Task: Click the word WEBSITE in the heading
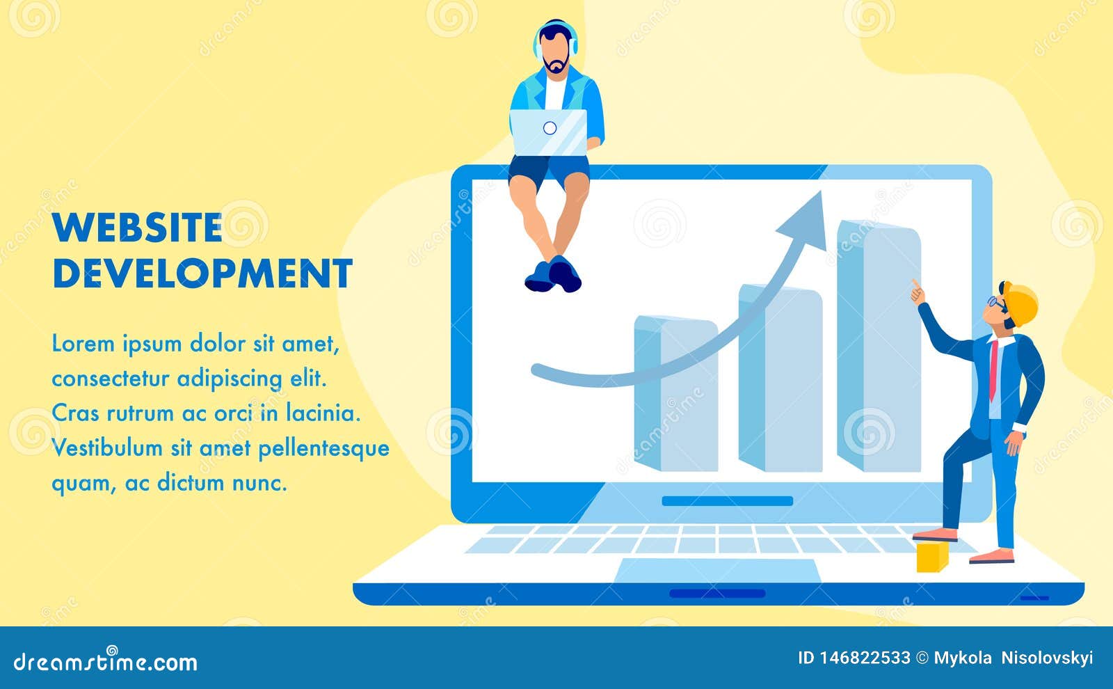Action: [x=137, y=228]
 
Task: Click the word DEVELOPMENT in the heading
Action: [x=202, y=274]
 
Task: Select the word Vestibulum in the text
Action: [x=107, y=448]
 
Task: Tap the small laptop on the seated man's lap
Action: [x=549, y=132]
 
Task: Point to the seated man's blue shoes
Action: [x=554, y=274]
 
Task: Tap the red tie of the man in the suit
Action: [x=993, y=369]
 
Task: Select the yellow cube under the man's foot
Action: [x=932, y=556]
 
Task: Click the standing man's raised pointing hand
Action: [x=918, y=292]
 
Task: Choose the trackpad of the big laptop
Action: [x=717, y=571]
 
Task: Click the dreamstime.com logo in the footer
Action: [x=106, y=661]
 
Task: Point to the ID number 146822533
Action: [x=863, y=658]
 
